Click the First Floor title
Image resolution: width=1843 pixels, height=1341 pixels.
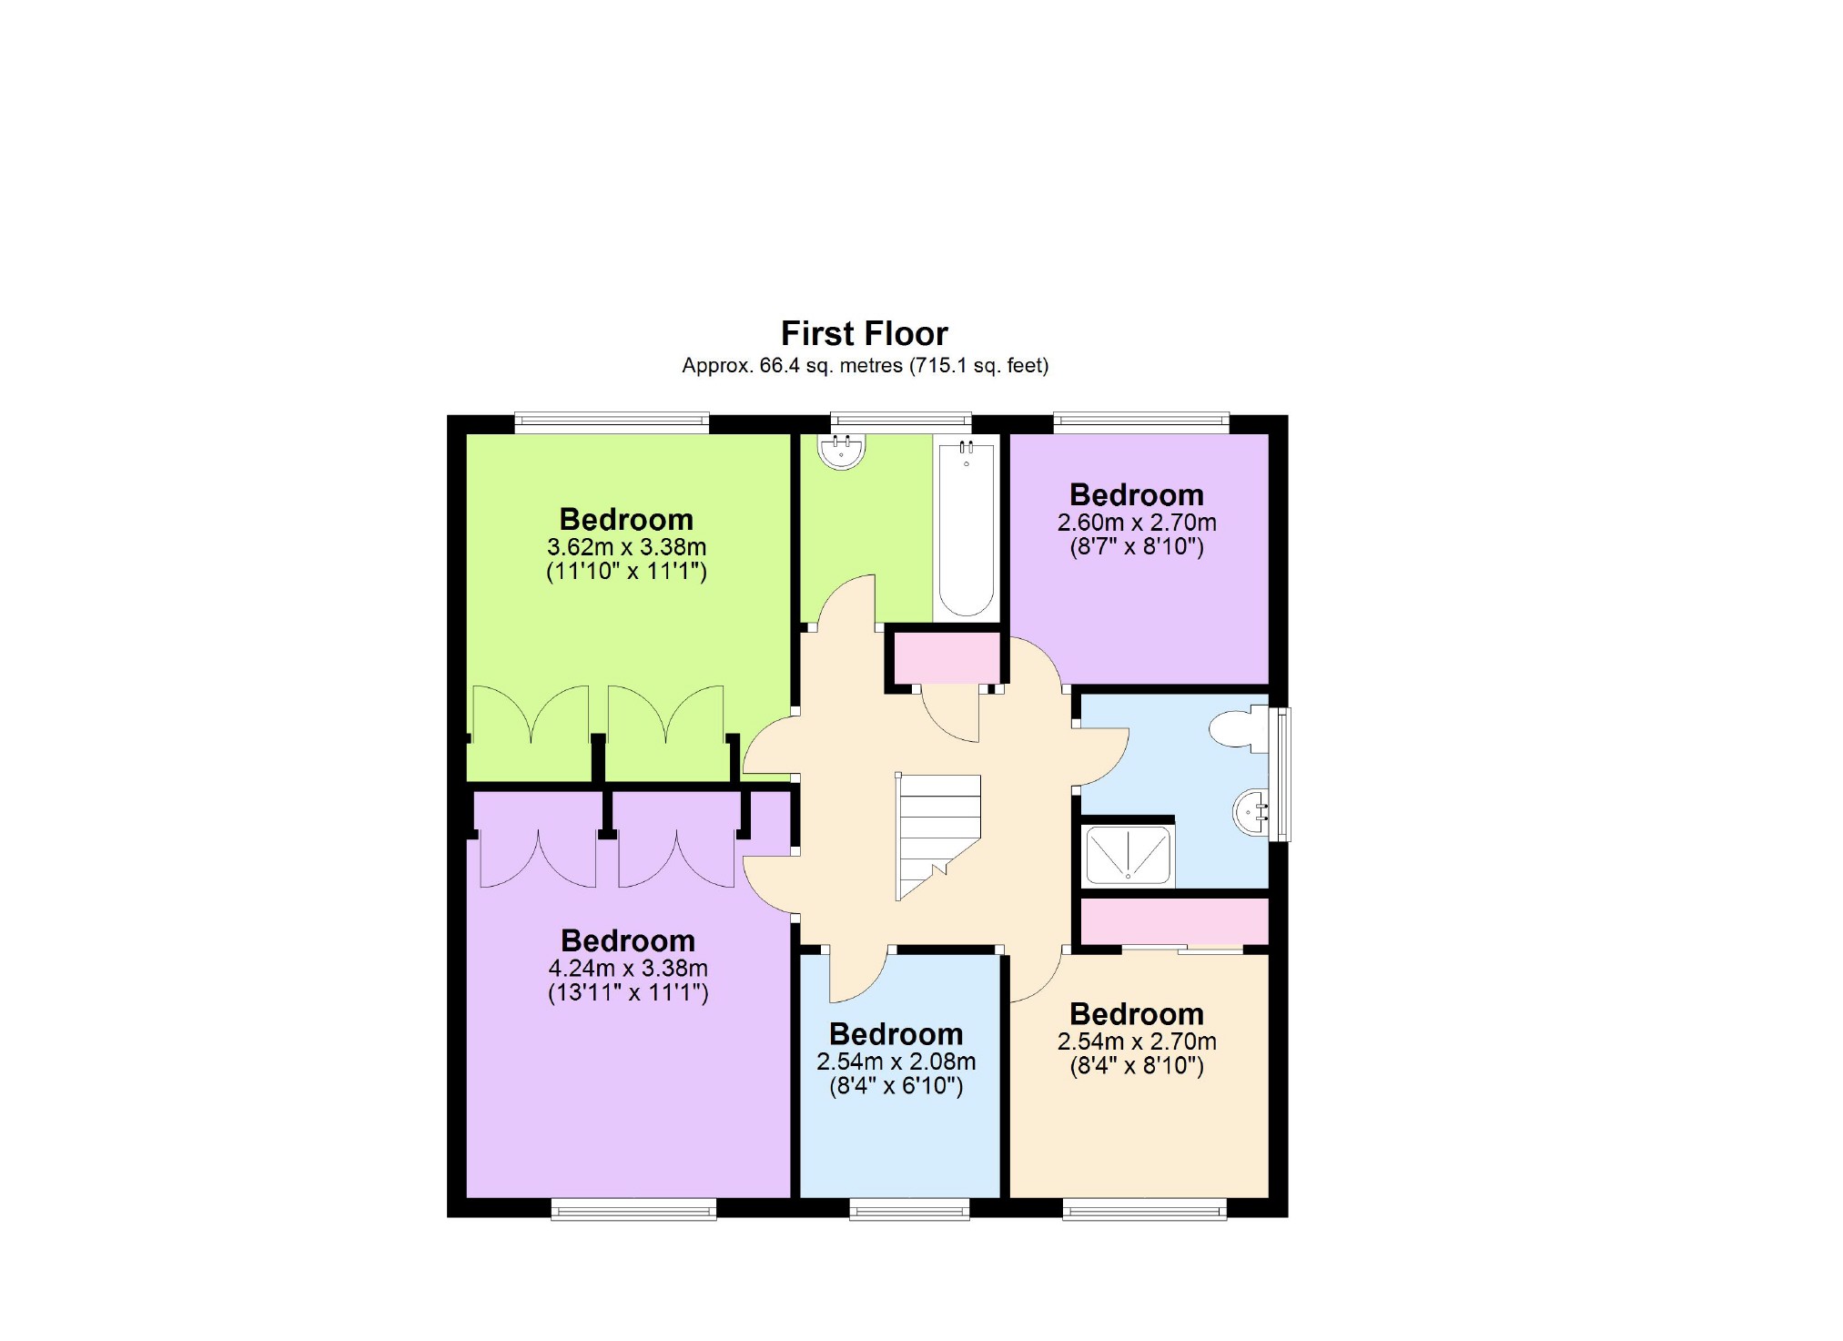864,333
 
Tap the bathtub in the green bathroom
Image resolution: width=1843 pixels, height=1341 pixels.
966,528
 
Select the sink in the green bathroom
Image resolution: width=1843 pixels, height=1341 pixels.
840,451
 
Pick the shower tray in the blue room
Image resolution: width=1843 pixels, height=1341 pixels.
1128,855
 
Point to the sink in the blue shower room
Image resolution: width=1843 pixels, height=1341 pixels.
1251,811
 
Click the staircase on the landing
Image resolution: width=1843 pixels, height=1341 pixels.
937,833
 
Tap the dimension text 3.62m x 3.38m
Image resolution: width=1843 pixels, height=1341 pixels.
626,547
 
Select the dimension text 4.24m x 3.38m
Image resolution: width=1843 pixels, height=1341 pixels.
628,969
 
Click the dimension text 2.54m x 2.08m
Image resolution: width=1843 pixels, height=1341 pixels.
896,1062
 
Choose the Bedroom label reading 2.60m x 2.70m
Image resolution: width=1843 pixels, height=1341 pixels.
1136,495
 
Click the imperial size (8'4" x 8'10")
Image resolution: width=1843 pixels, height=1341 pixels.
1136,1065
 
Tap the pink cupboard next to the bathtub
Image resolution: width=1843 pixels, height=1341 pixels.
947,657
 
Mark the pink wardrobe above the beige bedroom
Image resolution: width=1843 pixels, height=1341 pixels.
1173,921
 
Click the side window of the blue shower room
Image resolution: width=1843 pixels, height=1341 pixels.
1282,774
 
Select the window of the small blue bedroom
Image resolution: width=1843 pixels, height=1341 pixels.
909,1208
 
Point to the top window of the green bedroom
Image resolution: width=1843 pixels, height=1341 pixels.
611,422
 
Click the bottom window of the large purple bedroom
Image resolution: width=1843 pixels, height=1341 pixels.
633,1208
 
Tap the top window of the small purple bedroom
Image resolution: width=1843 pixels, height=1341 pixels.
1141,422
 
